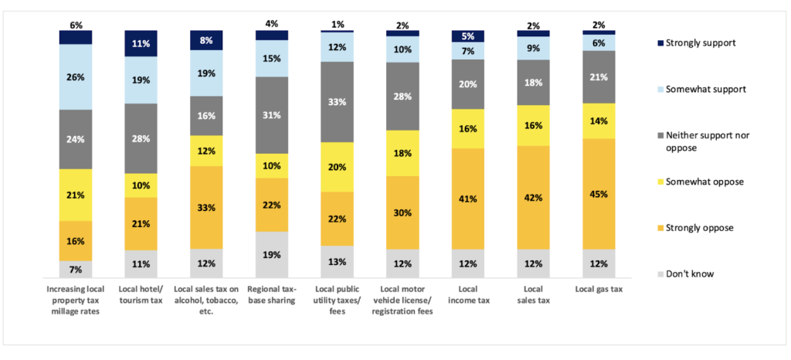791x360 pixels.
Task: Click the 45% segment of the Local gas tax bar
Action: (x=598, y=194)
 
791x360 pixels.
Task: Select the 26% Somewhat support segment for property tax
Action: (x=76, y=76)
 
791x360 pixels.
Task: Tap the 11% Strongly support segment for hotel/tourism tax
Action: (x=141, y=44)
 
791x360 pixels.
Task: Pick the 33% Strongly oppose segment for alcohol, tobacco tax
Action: (x=205, y=207)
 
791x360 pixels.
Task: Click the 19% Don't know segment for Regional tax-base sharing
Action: (x=271, y=254)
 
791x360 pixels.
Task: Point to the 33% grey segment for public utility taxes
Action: (x=337, y=101)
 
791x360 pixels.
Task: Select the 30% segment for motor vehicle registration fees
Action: (x=402, y=212)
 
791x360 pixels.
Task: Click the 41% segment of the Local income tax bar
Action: (x=467, y=199)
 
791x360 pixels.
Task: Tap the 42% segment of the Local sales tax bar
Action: (x=533, y=197)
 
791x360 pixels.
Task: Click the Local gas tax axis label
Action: (x=599, y=289)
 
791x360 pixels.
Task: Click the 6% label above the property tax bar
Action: (x=76, y=25)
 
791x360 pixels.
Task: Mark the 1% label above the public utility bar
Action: (x=337, y=25)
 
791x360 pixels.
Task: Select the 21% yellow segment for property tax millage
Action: (x=76, y=195)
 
